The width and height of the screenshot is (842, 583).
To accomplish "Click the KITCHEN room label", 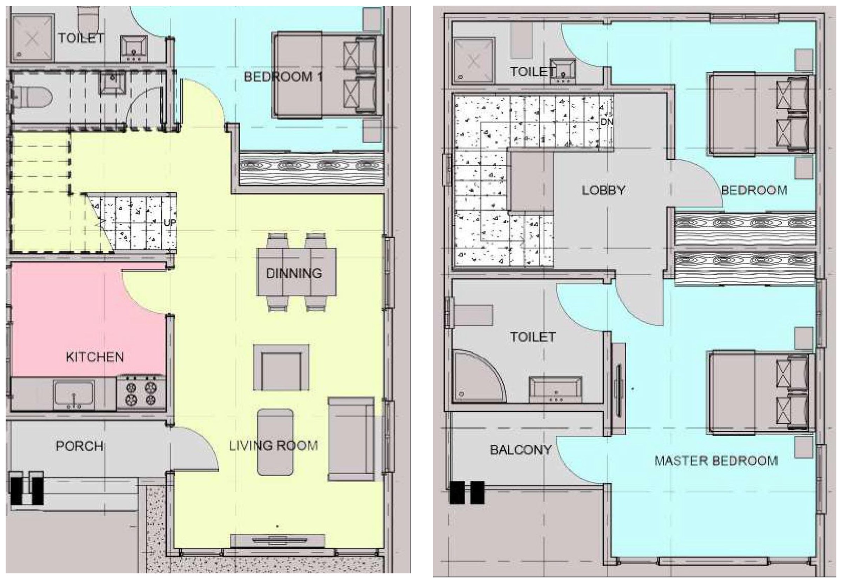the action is pyautogui.click(x=95, y=357).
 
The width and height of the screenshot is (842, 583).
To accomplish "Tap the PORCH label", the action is pyautogui.click(x=79, y=446).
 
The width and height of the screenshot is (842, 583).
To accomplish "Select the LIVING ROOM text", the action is pyautogui.click(x=274, y=446).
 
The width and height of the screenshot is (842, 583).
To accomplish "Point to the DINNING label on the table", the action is pyautogui.click(x=294, y=274).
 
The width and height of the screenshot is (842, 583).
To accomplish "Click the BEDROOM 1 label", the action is pyautogui.click(x=283, y=77).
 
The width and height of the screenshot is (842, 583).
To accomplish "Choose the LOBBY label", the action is pyautogui.click(x=603, y=190).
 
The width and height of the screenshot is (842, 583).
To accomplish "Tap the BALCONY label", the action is pyautogui.click(x=520, y=450).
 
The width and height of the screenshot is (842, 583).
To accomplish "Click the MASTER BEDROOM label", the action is pyautogui.click(x=716, y=461).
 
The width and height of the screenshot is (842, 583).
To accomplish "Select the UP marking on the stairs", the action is pyautogui.click(x=169, y=223).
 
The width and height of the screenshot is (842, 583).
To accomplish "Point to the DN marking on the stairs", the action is pyautogui.click(x=607, y=122).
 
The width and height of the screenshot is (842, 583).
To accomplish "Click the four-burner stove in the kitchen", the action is pyautogui.click(x=141, y=393).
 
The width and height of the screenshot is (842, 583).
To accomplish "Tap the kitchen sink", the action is pyautogui.click(x=73, y=395).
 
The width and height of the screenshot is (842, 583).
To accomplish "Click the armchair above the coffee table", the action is pyautogui.click(x=281, y=368).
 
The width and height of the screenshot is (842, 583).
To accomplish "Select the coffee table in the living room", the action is pyautogui.click(x=275, y=442).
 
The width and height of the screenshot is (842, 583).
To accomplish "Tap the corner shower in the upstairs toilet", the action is pyautogui.click(x=479, y=377).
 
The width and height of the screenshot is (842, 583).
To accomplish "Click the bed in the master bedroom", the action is pyautogui.click(x=761, y=393).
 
